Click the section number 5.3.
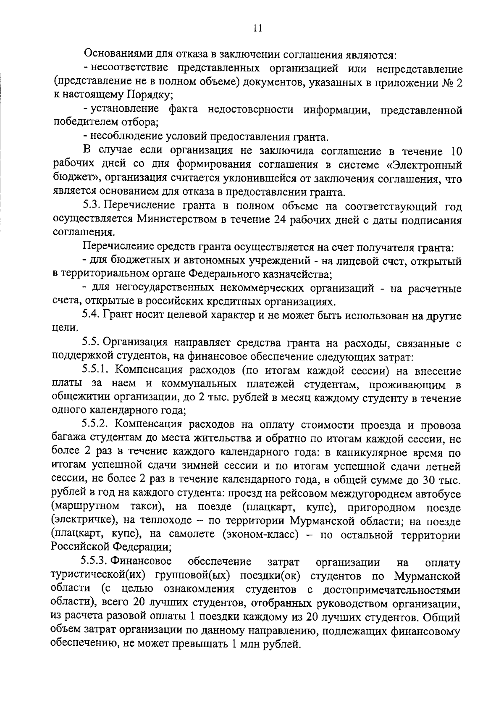[x=92, y=206]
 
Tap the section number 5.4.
[x=92, y=315]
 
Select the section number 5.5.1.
[x=96, y=371]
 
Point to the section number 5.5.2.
[x=96, y=425]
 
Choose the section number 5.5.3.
[x=96, y=561]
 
